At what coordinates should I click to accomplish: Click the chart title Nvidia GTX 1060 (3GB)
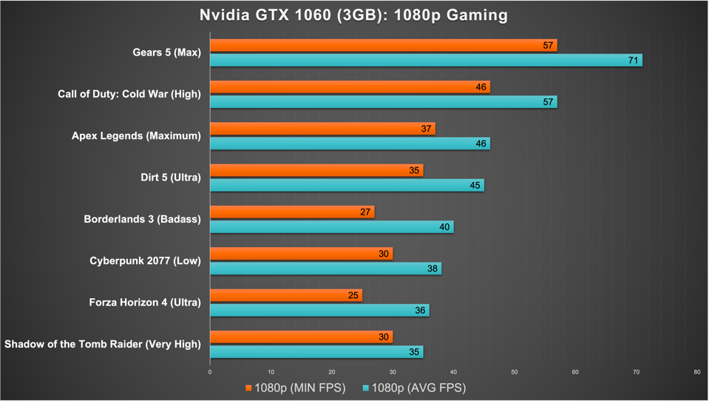353,15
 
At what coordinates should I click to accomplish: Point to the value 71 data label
633,60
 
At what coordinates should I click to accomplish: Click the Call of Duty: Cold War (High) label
129,94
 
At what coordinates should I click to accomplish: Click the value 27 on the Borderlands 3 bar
365,212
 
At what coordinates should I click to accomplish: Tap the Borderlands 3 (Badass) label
142,219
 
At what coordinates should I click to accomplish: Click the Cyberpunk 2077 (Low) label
145,260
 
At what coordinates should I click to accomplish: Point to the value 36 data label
420,311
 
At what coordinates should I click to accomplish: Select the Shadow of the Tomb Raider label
102,344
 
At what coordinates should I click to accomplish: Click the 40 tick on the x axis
453,372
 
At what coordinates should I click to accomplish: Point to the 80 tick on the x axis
696,372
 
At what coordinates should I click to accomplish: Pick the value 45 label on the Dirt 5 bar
475,185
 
